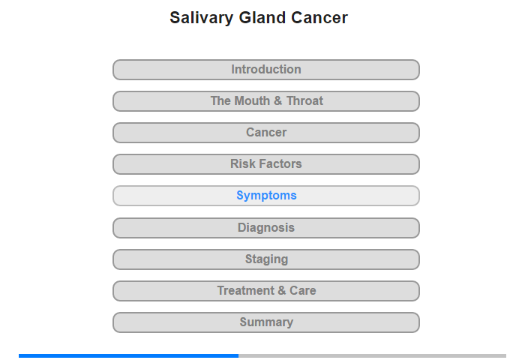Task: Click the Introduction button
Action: [265, 70]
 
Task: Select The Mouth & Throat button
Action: [265, 101]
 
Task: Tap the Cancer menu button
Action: [265, 133]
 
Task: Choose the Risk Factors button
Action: [265, 164]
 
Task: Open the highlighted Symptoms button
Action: [265, 196]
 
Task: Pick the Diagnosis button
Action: [265, 228]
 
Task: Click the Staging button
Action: [265, 259]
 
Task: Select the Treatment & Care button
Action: [265, 291]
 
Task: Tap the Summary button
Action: [265, 322]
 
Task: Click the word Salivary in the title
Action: [201, 18]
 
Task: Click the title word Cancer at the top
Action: [319, 17]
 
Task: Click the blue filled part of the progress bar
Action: [128, 355]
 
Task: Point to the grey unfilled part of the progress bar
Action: [372, 355]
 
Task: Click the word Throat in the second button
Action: [304, 100]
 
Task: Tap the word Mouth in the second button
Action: [252, 100]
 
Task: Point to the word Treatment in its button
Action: [246, 290]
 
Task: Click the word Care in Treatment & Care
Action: [303, 290]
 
